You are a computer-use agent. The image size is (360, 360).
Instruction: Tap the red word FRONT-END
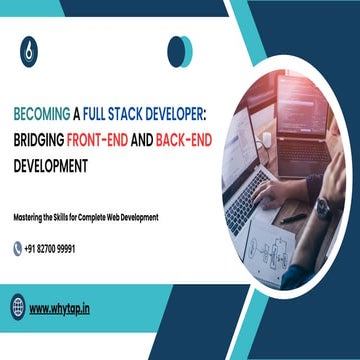(x=104, y=137)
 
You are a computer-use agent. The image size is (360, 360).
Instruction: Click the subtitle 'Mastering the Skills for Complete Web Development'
(x=86, y=217)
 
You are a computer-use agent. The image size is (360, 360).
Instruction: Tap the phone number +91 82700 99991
(x=63, y=247)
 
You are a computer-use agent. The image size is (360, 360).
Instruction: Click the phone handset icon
(x=18, y=247)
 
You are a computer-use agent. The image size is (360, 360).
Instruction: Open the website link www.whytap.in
(x=59, y=308)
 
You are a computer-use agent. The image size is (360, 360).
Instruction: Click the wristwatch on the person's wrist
(x=323, y=210)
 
